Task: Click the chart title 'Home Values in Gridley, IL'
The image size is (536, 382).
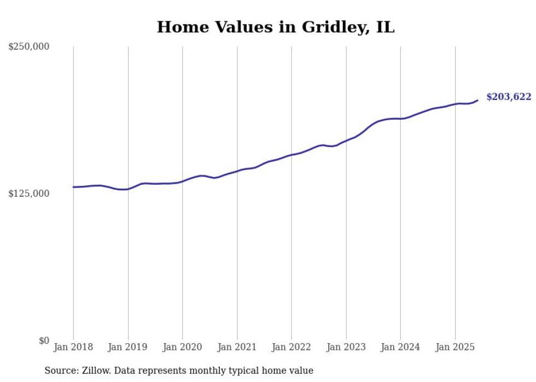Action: pos(276,27)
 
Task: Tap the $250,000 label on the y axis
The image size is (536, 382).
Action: pos(28,47)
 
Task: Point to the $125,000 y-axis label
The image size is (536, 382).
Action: pos(28,193)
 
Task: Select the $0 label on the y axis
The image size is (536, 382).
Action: pos(44,341)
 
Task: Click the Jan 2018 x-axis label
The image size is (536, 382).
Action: pos(73,347)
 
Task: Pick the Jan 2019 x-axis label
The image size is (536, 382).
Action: pos(128,347)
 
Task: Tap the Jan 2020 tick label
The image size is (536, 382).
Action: pos(183,347)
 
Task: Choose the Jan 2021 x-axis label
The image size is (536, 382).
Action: pos(237,347)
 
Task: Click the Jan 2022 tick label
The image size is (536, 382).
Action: pos(292,347)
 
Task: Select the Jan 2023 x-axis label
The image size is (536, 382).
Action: pos(346,347)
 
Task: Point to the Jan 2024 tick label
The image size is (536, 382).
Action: pos(400,347)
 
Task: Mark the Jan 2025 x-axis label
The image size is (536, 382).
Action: pos(455,347)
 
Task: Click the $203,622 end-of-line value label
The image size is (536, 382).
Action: pos(509,97)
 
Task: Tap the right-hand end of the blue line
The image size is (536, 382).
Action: pos(477,100)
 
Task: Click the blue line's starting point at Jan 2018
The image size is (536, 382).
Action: pos(73,187)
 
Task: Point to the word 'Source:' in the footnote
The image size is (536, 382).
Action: pos(60,371)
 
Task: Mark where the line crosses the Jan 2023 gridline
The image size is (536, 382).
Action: pos(346,140)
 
